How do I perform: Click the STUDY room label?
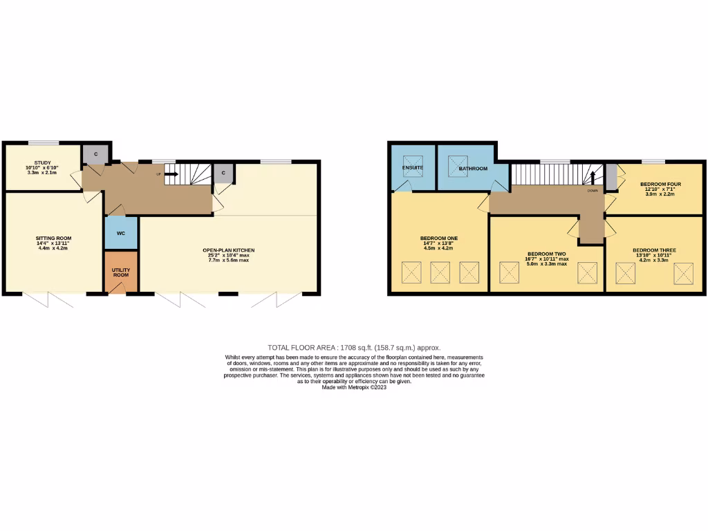point(43,163)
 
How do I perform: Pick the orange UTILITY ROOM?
point(121,272)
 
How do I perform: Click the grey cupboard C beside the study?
point(92,154)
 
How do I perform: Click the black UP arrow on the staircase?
point(170,174)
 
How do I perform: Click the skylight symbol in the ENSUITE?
point(413,167)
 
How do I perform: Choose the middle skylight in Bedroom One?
point(440,272)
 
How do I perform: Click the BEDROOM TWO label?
point(546,254)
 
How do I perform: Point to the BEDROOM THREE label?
point(654,250)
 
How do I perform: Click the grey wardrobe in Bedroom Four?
point(611,176)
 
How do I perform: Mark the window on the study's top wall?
point(44,143)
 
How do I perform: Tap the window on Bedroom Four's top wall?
point(653,162)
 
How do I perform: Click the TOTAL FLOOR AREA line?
point(353,348)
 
